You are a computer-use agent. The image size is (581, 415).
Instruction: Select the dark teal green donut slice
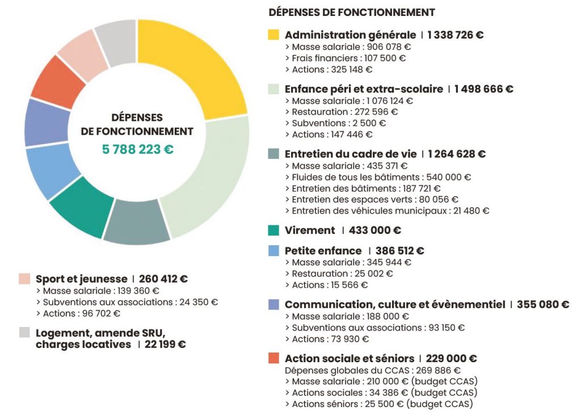click(x=79, y=207)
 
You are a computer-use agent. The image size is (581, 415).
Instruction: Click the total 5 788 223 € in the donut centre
click(x=138, y=149)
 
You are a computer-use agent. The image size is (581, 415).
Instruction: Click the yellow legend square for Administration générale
click(x=273, y=35)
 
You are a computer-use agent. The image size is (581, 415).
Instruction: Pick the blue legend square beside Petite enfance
click(x=273, y=251)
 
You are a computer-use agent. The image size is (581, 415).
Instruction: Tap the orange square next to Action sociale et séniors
click(x=273, y=358)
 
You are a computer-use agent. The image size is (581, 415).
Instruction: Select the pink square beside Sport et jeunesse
click(x=24, y=279)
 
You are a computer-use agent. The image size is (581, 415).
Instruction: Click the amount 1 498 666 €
click(x=484, y=89)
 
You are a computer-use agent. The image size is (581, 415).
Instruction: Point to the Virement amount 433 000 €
click(x=375, y=230)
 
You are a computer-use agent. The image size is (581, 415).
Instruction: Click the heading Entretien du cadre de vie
click(x=351, y=154)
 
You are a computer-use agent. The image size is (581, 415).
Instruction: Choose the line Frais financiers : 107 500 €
click(x=346, y=58)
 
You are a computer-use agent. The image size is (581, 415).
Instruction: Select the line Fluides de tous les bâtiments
click(x=378, y=177)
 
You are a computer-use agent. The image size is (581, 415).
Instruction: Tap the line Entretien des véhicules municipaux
click(x=387, y=211)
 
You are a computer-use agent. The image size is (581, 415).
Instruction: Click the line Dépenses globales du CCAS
click(x=373, y=371)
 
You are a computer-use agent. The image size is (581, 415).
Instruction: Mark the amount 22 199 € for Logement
click(x=165, y=345)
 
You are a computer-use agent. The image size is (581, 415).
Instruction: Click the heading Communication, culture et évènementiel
click(x=395, y=304)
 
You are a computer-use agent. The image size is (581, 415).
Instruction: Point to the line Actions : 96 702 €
click(x=78, y=314)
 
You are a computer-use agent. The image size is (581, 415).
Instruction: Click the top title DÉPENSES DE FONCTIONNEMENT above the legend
click(x=352, y=12)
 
